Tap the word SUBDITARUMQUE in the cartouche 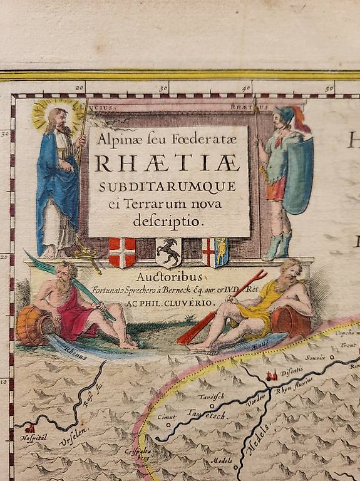pos(167,186)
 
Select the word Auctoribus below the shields pos(168,276)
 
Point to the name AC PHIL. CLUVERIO pos(168,303)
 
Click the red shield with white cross pos(122,252)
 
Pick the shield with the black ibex pos(168,252)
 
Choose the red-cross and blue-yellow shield pos(214,252)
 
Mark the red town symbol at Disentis pos(272,376)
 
